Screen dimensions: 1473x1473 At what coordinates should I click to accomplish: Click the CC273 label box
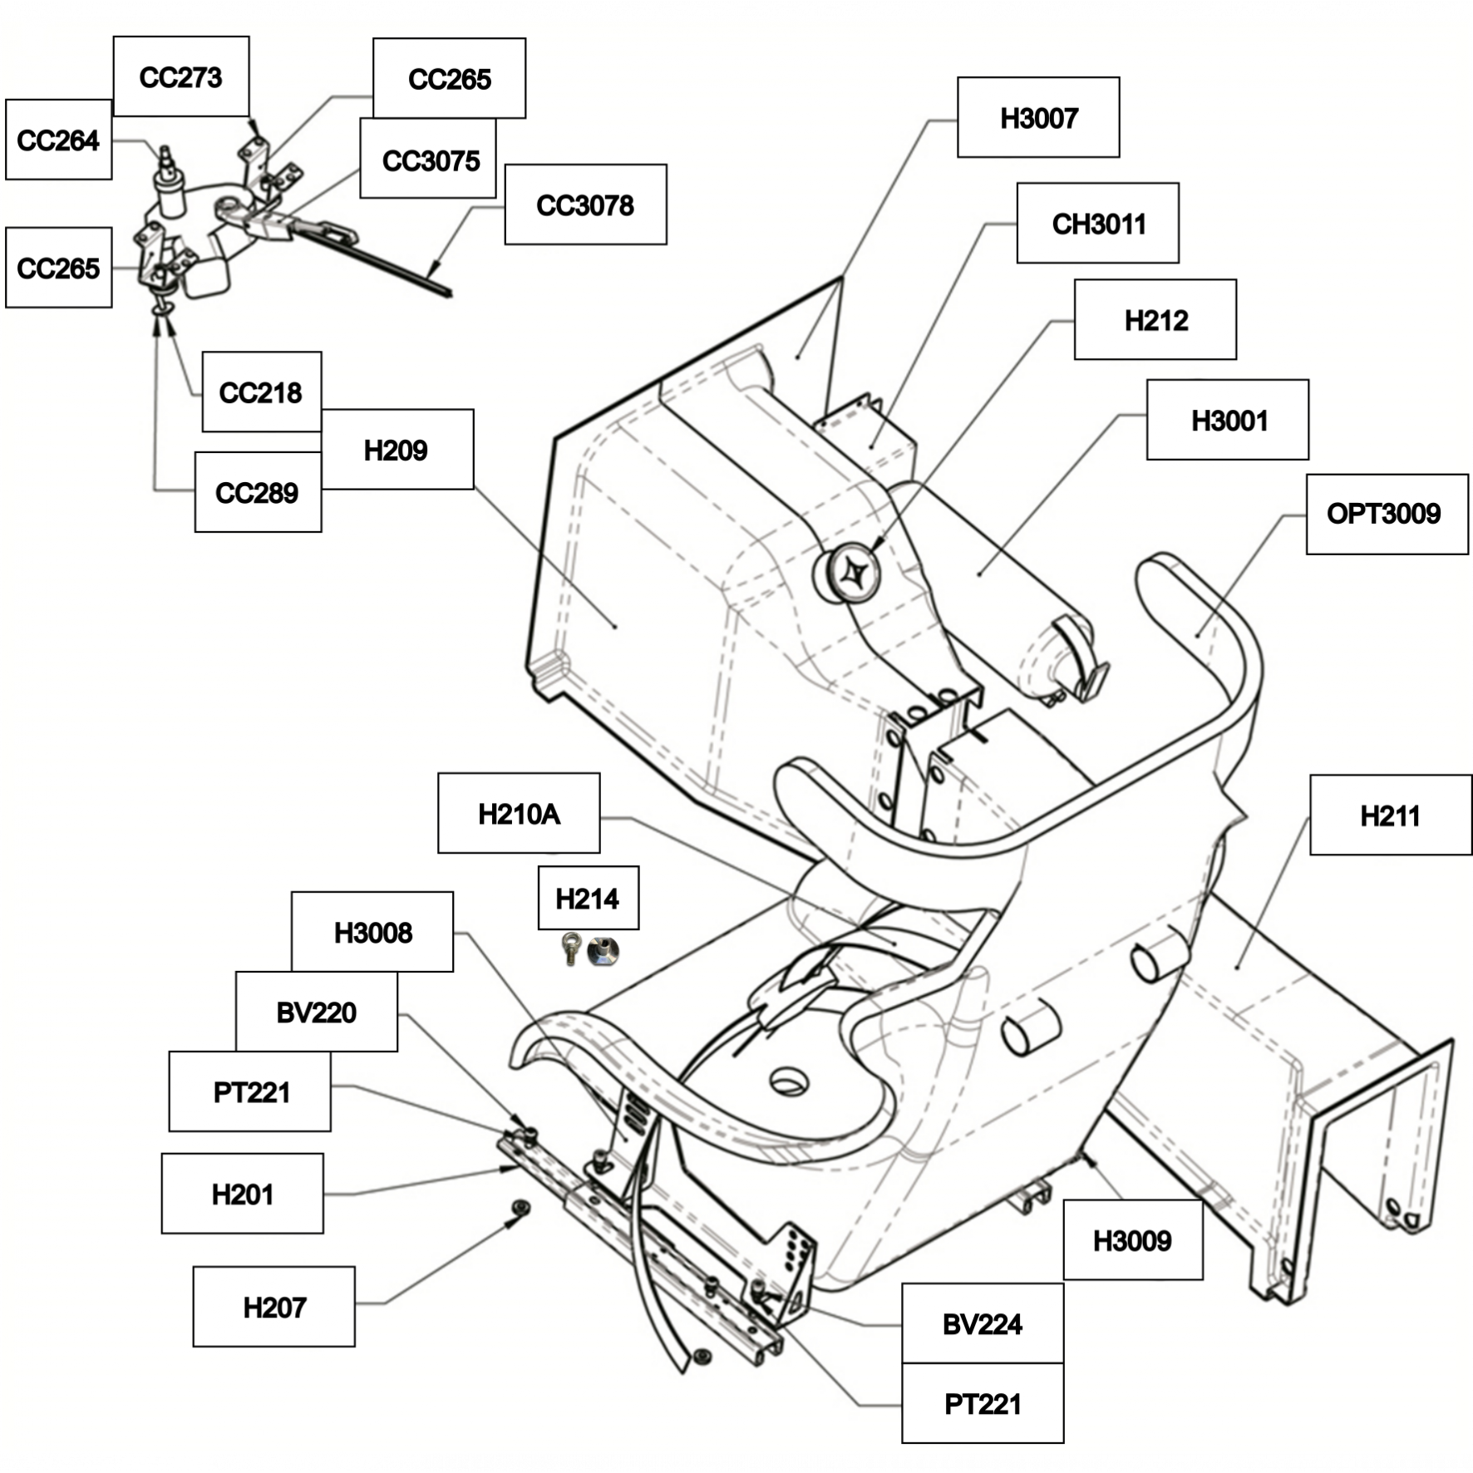(x=181, y=76)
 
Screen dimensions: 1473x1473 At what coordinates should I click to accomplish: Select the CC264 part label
(x=58, y=140)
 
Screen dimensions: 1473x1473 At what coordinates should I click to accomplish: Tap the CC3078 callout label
(x=585, y=204)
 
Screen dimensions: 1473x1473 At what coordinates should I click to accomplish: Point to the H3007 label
(x=1038, y=117)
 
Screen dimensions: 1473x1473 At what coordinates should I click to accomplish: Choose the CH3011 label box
(x=1097, y=223)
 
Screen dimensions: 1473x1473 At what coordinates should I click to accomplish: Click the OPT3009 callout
(x=1387, y=514)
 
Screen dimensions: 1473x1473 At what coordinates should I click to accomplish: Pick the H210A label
(x=519, y=813)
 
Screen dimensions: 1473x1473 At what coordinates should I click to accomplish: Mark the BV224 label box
(x=983, y=1323)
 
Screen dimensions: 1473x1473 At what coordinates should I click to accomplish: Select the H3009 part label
(x=1133, y=1240)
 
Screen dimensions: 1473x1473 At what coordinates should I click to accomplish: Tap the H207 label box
(x=274, y=1307)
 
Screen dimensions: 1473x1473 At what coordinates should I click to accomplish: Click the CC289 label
(x=258, y=492)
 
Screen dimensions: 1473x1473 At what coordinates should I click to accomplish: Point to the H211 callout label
(x=1391, y=815)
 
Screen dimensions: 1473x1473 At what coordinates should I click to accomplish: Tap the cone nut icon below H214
(x=603, y=950)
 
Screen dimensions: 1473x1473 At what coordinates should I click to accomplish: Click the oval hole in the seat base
(x=788, y=1081)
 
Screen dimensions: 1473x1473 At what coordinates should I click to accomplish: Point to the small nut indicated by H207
(x=522, y=1206)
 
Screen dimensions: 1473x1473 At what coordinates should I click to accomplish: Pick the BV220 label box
(x=316, y=1012)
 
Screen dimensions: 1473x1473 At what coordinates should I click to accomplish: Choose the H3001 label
(x=1228, y=420)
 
